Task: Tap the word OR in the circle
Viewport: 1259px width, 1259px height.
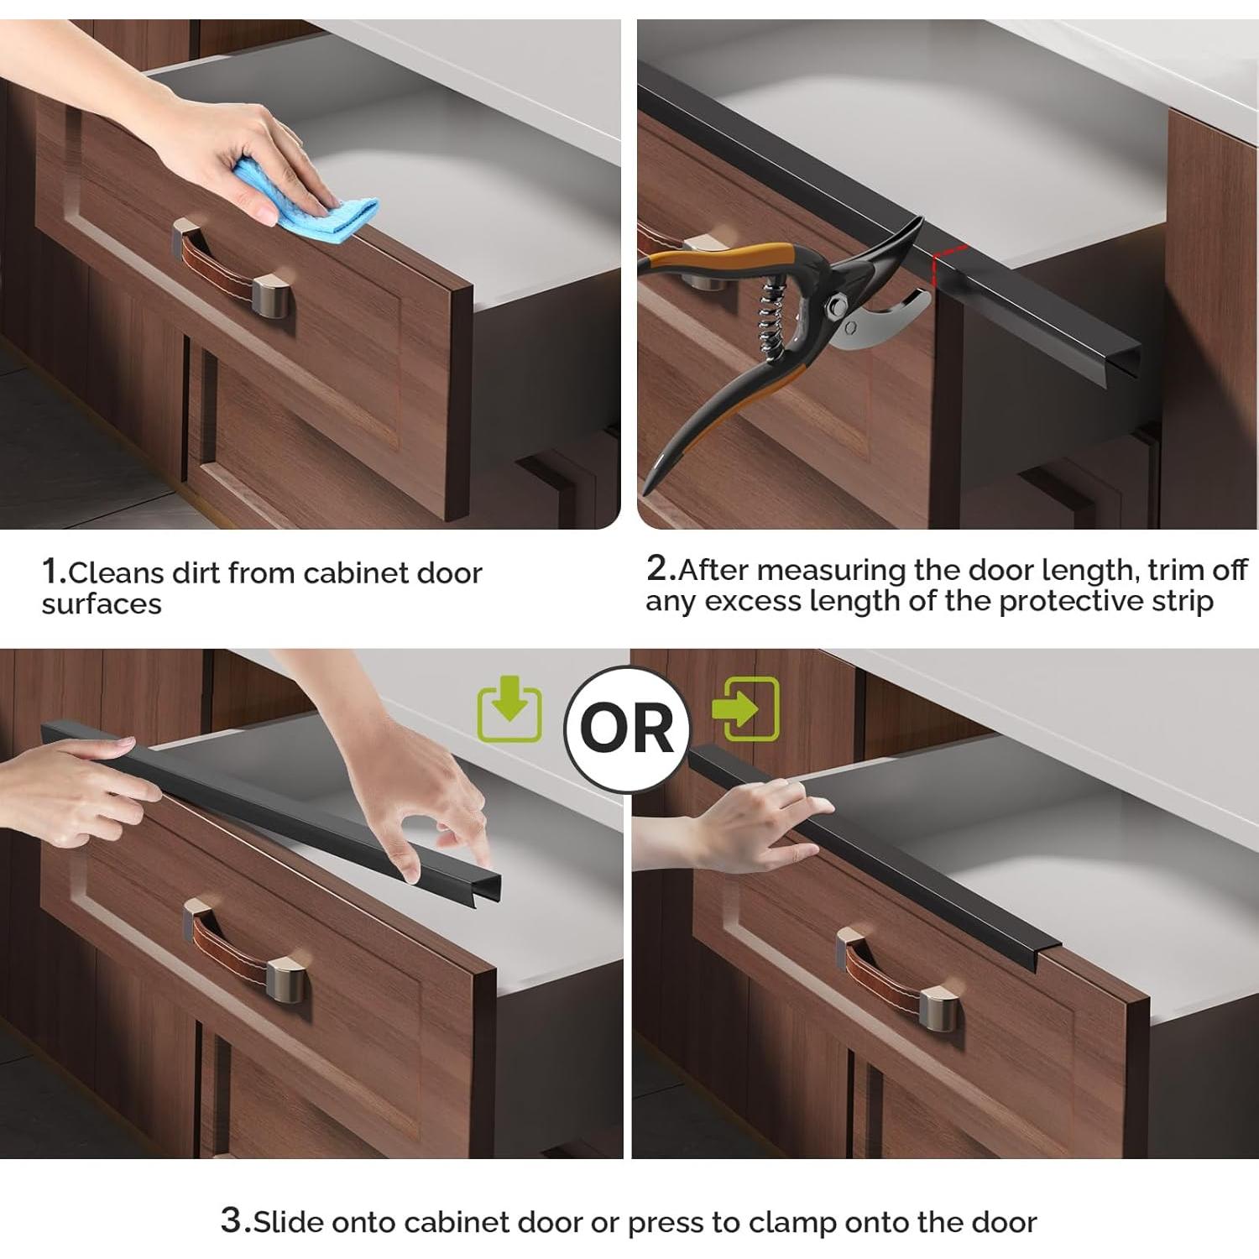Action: [627, 729]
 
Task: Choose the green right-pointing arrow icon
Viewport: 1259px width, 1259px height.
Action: [745, 708]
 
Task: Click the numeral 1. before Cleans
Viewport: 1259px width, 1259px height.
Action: [54, 572]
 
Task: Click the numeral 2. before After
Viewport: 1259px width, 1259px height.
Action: [661, 568]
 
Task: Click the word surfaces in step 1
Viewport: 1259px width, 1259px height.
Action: [102, 604]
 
